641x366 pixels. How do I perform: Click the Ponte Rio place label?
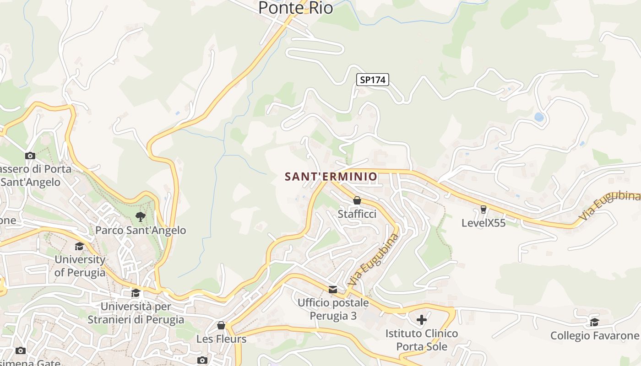[295, 8]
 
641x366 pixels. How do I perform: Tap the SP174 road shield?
[373, 80]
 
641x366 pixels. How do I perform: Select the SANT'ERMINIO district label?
[331, 177]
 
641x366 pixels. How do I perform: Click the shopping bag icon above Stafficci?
[357, 200]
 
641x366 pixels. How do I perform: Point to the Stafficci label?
[357, 214]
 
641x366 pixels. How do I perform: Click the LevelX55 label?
[483, 223]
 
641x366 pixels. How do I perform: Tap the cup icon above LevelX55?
[483, 210]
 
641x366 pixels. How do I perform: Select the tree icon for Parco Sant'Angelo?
[141, 216]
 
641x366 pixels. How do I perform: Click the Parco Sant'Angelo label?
[141, 230]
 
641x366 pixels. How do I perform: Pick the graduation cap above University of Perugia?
[80, 246]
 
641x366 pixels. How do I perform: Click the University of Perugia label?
[80, 266]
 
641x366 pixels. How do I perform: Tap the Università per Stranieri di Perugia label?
[136, 313]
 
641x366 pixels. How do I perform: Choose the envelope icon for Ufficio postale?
[333, 289]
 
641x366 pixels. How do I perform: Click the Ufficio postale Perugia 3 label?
[333, 309]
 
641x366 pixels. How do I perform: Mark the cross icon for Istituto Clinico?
[422, 319]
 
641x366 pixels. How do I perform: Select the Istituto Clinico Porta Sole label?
[422, 340]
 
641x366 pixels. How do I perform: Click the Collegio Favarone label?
[594, 335]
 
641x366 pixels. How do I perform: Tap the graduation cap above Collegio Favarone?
[594, 322]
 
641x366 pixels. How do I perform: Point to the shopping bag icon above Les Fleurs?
[221, 325]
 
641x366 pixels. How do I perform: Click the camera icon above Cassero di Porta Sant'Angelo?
[30, 156]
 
